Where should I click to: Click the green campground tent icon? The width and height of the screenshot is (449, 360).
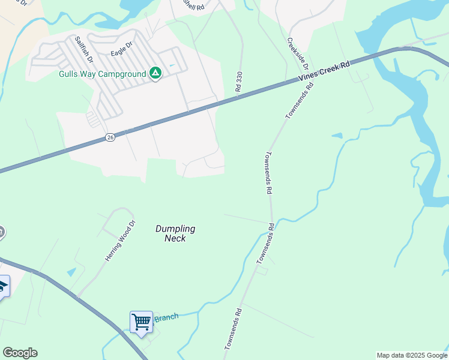pyautogui.click(x=155, y=74)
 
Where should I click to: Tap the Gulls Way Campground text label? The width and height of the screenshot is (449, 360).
pyautogui.click(x=103, y=74)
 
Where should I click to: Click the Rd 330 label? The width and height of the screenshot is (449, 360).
pyautogui.click(x=240, y=81)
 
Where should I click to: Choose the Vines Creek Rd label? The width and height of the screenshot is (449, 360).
pyautogui.click(x=324, y=71)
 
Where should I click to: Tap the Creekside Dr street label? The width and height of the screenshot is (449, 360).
pyautogui.click(x=297, y=52)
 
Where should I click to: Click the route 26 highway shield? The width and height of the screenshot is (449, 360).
pyautogui.click(x=110, y=137)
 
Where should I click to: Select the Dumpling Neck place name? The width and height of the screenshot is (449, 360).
pyautogui.click(x=175, y=233)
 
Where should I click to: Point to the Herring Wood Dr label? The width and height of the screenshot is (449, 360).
pyautogui.click(x=121, y=241)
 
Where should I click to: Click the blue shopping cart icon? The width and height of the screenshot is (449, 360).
pyautogui.click(x=141, y=322)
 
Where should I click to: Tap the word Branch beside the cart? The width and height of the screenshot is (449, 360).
pyautogui.click(x=166, y=317)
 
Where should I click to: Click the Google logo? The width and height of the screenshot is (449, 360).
pyautogui.click(x=20, y=353)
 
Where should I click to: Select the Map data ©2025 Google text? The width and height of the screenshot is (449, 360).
pyautogui.click(x=412, y=355)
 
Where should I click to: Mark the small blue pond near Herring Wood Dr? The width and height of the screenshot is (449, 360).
pyautogui.click(x=71, y=272)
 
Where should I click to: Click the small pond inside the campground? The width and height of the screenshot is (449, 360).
pyautogui.click(x=172, y=65)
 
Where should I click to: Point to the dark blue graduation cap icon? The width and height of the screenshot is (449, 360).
pyautogui.click(x=2, y=286)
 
